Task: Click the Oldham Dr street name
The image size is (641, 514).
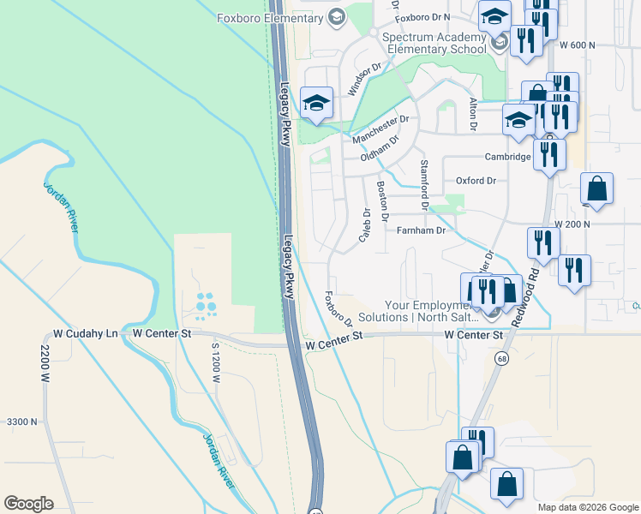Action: [380, 147]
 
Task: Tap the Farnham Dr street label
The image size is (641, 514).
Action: [421, 230]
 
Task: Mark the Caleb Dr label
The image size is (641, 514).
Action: [364, 224]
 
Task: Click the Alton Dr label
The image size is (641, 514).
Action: [472, 114]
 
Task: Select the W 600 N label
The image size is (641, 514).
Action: [576, 45]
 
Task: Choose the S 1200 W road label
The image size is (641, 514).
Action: [216, 358]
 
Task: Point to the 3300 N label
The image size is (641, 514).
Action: [22, 421]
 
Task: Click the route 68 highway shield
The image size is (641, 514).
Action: [503, 357]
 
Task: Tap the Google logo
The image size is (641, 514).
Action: [28, 504]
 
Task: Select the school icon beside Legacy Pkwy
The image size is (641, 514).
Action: [316, 105]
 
